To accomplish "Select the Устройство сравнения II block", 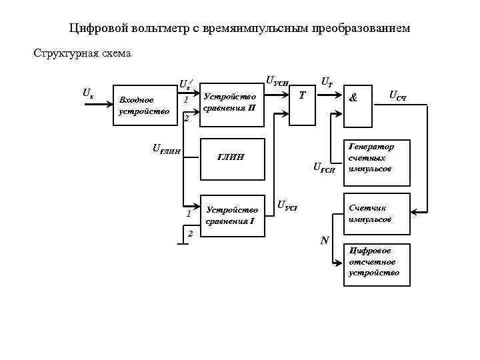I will [231, 101].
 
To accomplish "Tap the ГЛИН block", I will [231, 158].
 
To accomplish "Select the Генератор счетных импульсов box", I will [375, 158].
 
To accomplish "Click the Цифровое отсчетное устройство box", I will [375, 263].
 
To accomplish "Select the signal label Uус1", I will [287, 204].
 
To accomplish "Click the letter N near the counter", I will [325, 239].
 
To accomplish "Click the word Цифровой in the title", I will [91, 29].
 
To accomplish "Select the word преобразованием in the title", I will [363, 29].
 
